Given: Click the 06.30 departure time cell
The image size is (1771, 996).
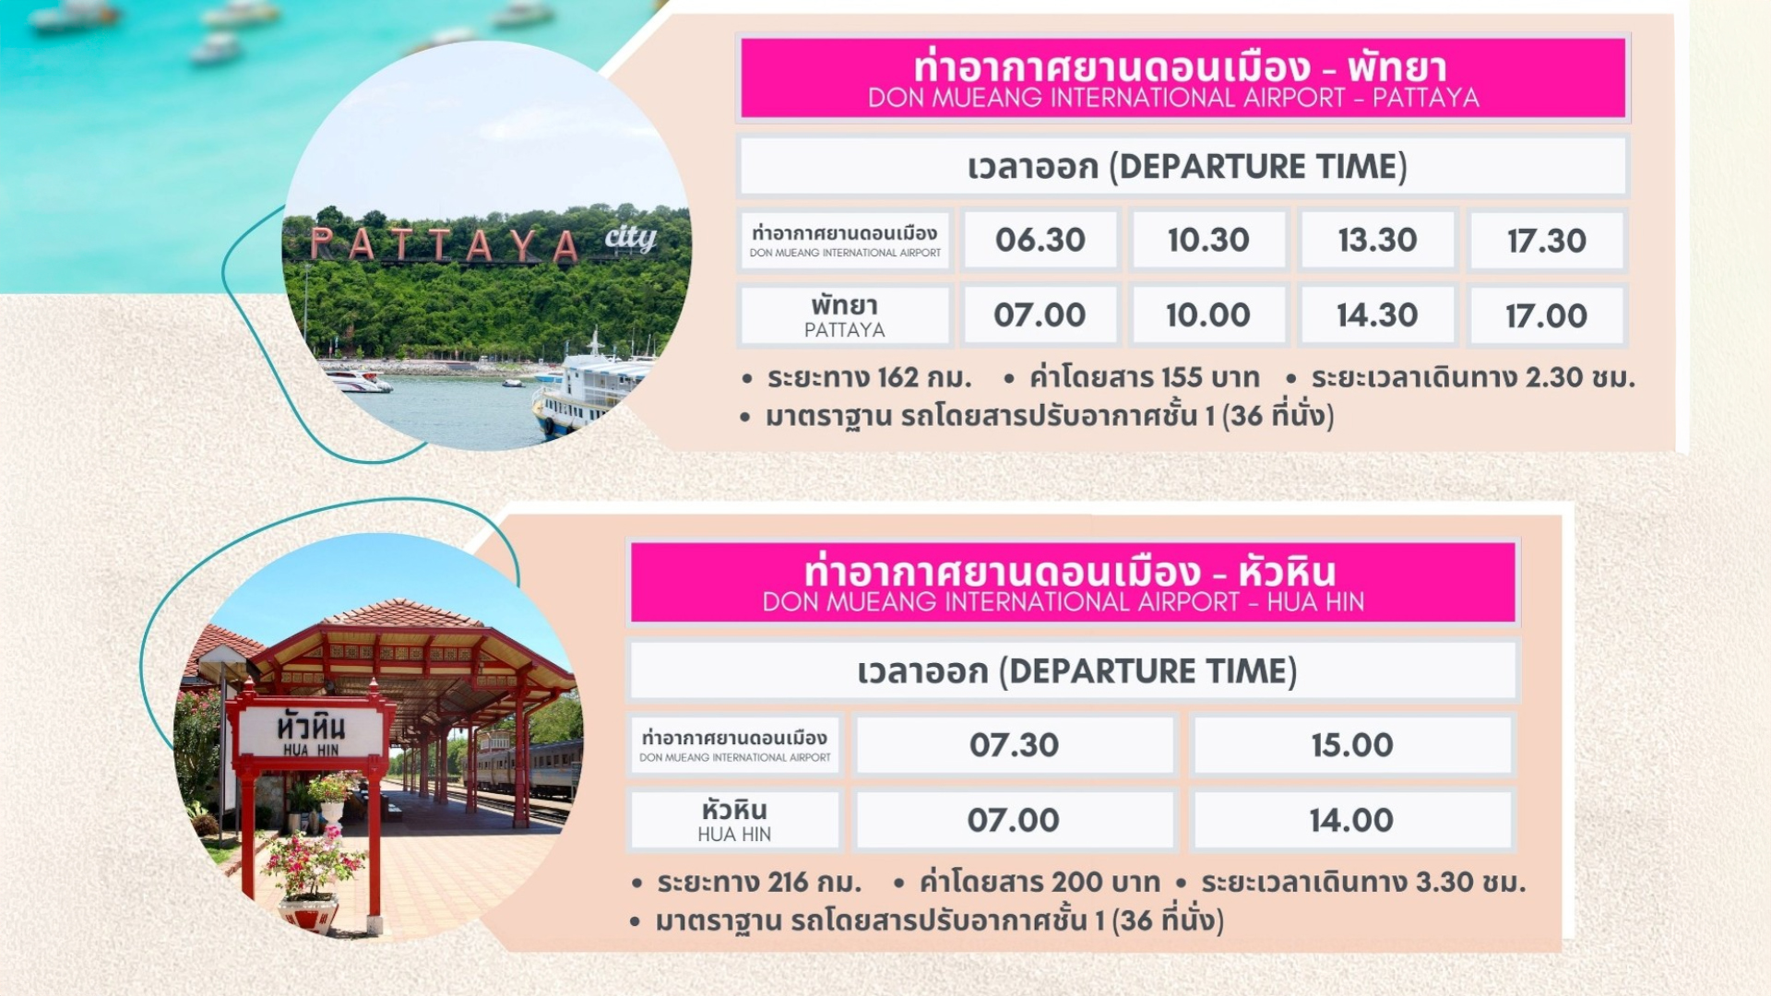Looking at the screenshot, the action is point(1040,240).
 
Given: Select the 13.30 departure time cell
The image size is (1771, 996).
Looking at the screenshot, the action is point(1377,240).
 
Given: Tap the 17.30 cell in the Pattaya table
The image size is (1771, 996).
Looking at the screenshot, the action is point(1547,241).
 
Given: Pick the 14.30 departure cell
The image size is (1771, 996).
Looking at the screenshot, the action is point(1377,315).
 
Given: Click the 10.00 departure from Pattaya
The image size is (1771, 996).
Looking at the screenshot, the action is point(1208,315).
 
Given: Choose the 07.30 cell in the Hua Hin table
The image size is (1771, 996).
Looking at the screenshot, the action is point(1015,745).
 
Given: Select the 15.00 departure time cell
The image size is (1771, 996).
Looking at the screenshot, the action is point(1352,745).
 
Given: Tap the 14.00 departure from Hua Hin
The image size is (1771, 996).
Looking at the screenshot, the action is point(1352,820).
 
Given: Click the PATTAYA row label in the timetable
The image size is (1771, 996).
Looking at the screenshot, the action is point(845,315).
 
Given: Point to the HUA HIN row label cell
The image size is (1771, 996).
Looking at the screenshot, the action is point(734,820).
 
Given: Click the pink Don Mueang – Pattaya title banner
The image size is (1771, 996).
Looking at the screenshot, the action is point(1183,77).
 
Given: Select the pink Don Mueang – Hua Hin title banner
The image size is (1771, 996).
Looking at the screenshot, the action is point(1073,582).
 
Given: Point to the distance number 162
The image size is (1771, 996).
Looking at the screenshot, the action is point(898,377).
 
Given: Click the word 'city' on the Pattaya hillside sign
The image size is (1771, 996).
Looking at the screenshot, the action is point(631,238).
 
